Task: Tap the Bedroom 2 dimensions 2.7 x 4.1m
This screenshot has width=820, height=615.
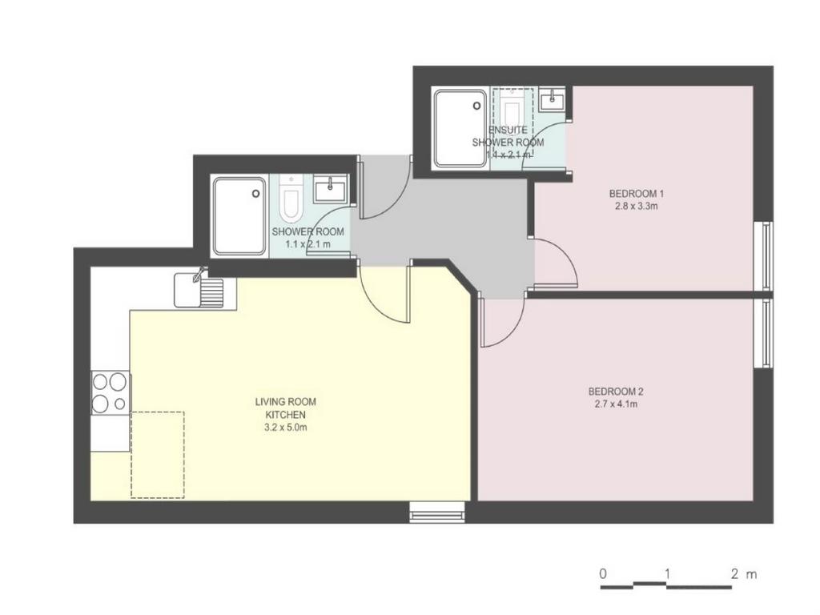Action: [x=616, y=404]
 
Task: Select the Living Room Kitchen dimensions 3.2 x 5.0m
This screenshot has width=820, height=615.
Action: [x=286, y=428]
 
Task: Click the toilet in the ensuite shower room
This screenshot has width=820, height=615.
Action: [x=511, y=110]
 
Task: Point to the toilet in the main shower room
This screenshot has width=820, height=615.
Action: [x=289, y=199]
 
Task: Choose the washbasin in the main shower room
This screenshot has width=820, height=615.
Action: [x=330, y=189]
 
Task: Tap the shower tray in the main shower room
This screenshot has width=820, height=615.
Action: [x=239, y=216]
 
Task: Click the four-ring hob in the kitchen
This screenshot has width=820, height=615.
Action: [x=110, y=392]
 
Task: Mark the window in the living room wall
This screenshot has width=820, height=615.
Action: [x=436, y=512]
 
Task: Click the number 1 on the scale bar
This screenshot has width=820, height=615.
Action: [x=667, y=573]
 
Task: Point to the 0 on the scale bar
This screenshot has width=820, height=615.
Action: [x=603, y=573]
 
